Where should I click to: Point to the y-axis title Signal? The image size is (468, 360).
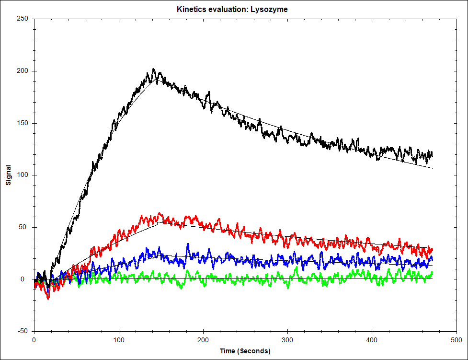(8, 175)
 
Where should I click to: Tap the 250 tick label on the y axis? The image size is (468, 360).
(23, 19)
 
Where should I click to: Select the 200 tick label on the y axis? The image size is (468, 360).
(23, 71)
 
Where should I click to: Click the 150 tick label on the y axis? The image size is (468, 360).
(23, 123)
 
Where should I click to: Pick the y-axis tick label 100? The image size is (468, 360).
(23, 175)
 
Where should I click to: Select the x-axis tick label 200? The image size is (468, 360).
(203, 339)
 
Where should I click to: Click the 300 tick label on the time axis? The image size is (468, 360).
(287, 339)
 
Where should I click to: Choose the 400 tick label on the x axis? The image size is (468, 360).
(372, 339)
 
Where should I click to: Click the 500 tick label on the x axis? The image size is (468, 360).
(456, 339)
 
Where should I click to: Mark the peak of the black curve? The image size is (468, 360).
(154, 69)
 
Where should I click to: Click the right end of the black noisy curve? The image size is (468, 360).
(432, 154)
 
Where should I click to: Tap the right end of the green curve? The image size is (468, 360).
(432, 273)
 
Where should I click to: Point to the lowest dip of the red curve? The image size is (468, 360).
(48, 298)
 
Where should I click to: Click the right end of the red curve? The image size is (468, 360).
(432, 249)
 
